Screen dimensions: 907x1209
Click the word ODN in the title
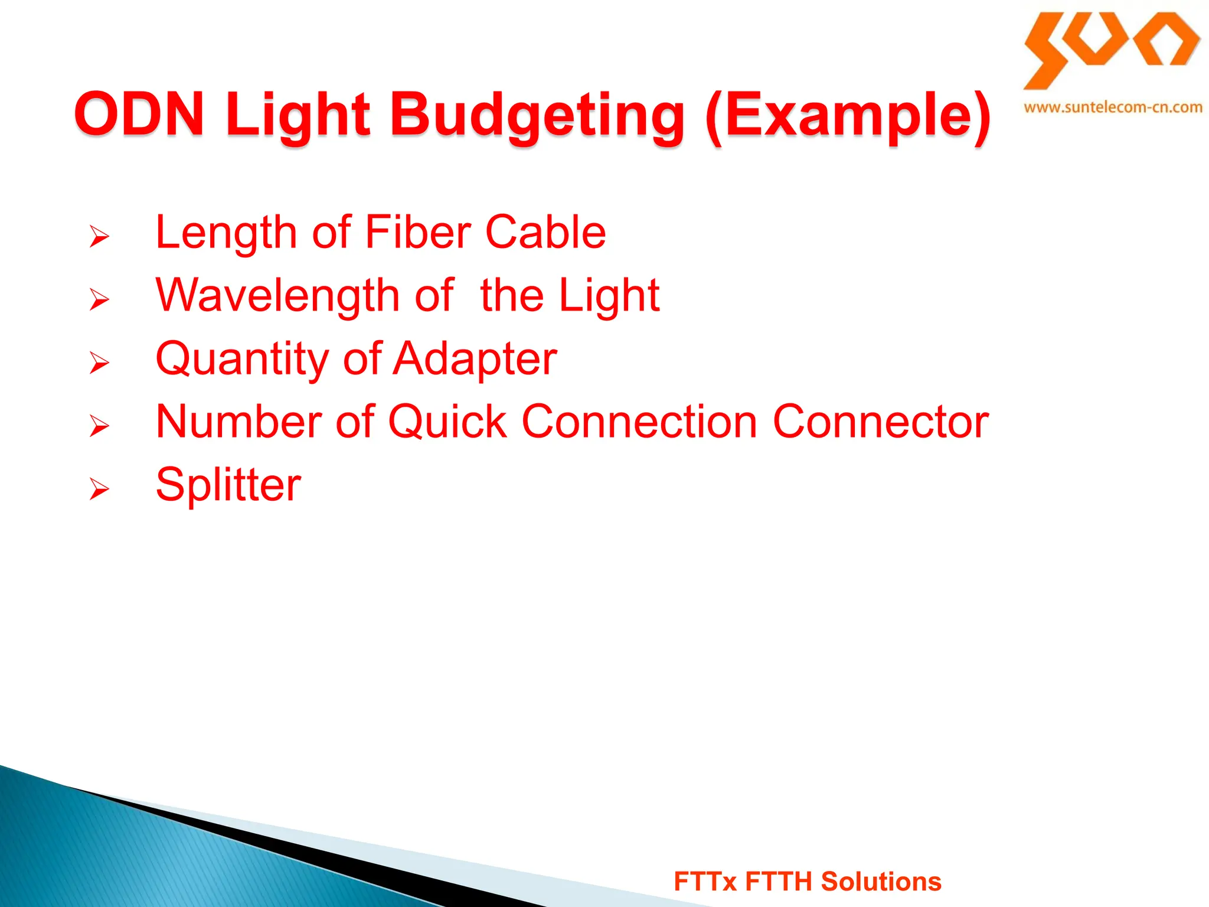(x=139, y=113)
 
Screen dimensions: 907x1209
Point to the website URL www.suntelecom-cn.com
(x=1113, y=107)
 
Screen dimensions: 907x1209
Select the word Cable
(x=545, y=232)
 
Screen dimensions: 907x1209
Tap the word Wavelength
(x=277, y=295)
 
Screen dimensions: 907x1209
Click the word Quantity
(x=242, y=359)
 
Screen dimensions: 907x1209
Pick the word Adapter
(x=475, y=359)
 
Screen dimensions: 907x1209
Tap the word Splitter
(x=228, y=485)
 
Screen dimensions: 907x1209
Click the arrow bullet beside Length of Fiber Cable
(x=99, y=236)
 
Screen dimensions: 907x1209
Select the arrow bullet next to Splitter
(x=99, y=489)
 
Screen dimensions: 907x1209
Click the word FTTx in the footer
(x=705, y=882)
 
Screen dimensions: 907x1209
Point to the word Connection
(x=639, y=422)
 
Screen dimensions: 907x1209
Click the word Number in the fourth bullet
(x=238, y=422)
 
